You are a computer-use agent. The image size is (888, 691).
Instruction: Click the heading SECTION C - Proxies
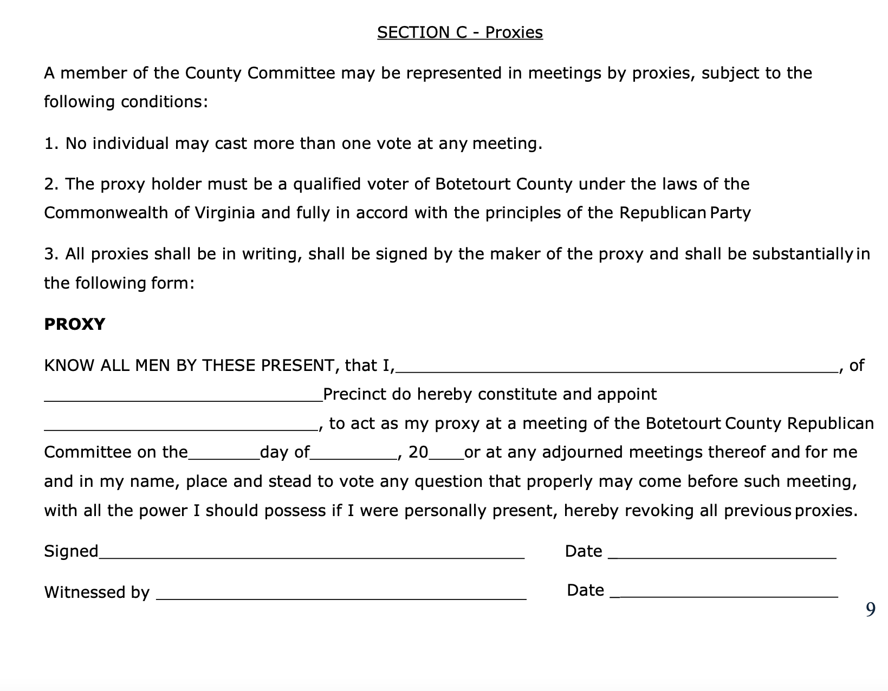coord(459,32)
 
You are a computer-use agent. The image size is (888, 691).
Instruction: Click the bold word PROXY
coord(74,324)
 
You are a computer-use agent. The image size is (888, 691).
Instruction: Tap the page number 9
coord(870,610)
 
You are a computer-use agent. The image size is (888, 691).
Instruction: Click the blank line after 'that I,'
coord(616,368)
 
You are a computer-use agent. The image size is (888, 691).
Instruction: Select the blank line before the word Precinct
coord(183,397)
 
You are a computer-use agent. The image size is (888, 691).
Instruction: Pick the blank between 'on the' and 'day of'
coord(224,455)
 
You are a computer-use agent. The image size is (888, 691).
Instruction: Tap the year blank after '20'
coord(446,455)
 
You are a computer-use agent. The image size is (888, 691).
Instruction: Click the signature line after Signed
coord(312,554)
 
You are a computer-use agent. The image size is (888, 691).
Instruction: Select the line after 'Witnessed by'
coord(341,595)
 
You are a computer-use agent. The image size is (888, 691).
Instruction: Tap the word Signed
coord(71,551)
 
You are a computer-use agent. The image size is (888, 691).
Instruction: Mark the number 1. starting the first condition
coord(51,144)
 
